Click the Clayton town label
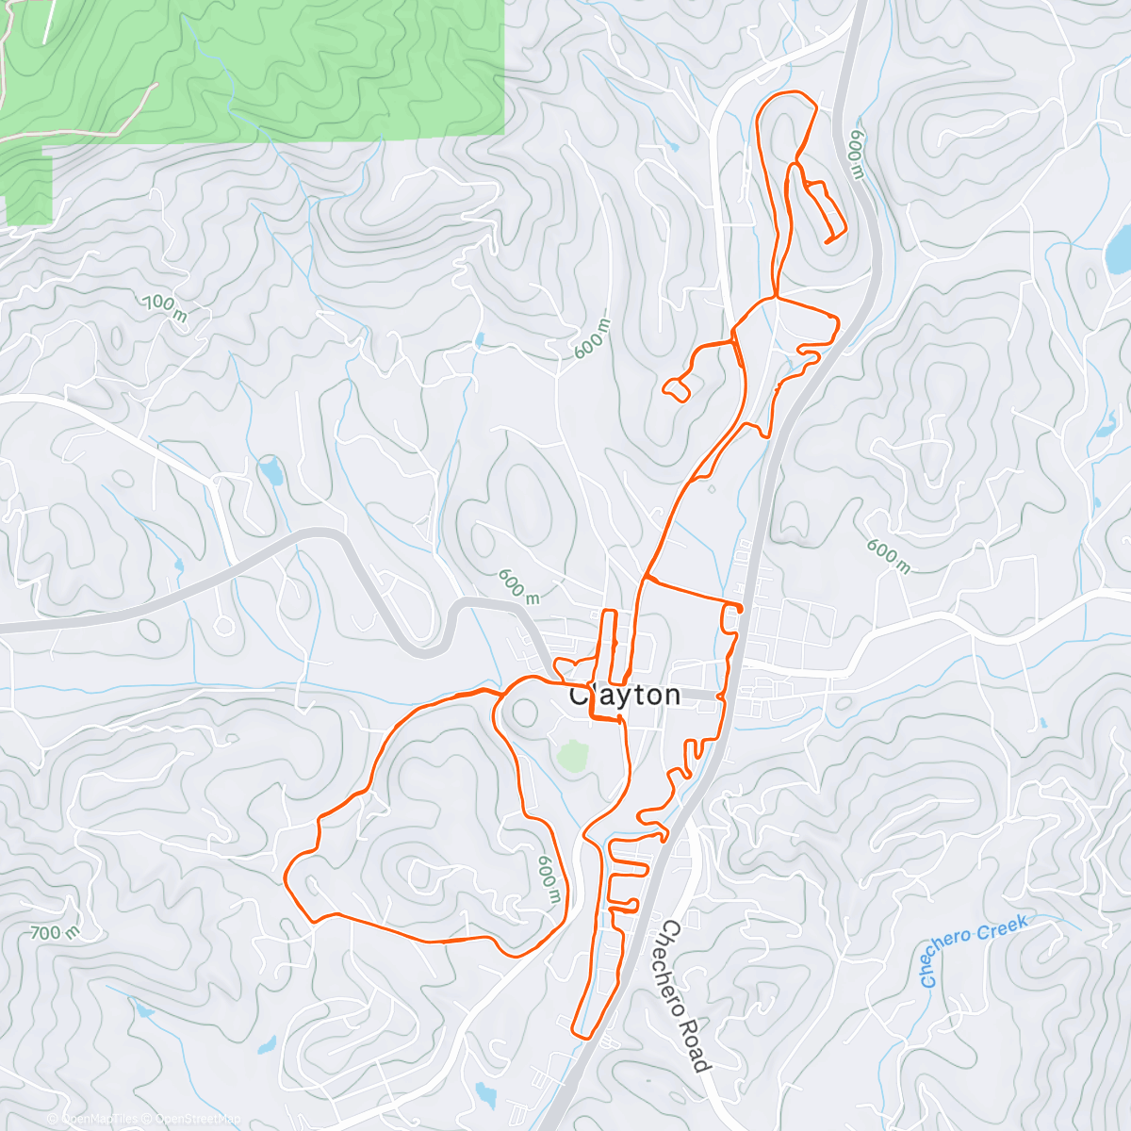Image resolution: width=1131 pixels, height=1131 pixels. (625, 696)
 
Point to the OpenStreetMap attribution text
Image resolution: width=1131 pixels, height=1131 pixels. (198, 1119)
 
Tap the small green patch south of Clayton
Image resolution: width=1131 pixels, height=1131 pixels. (572, 755)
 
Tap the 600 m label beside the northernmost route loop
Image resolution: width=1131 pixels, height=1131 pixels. (856, 155)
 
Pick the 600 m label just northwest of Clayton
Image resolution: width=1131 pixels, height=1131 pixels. (518, 585)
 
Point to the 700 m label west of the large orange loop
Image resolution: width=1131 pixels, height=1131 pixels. (55, 933)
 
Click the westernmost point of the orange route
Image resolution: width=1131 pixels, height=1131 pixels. (285, 878)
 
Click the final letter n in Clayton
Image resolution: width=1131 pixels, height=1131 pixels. (670, 696)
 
